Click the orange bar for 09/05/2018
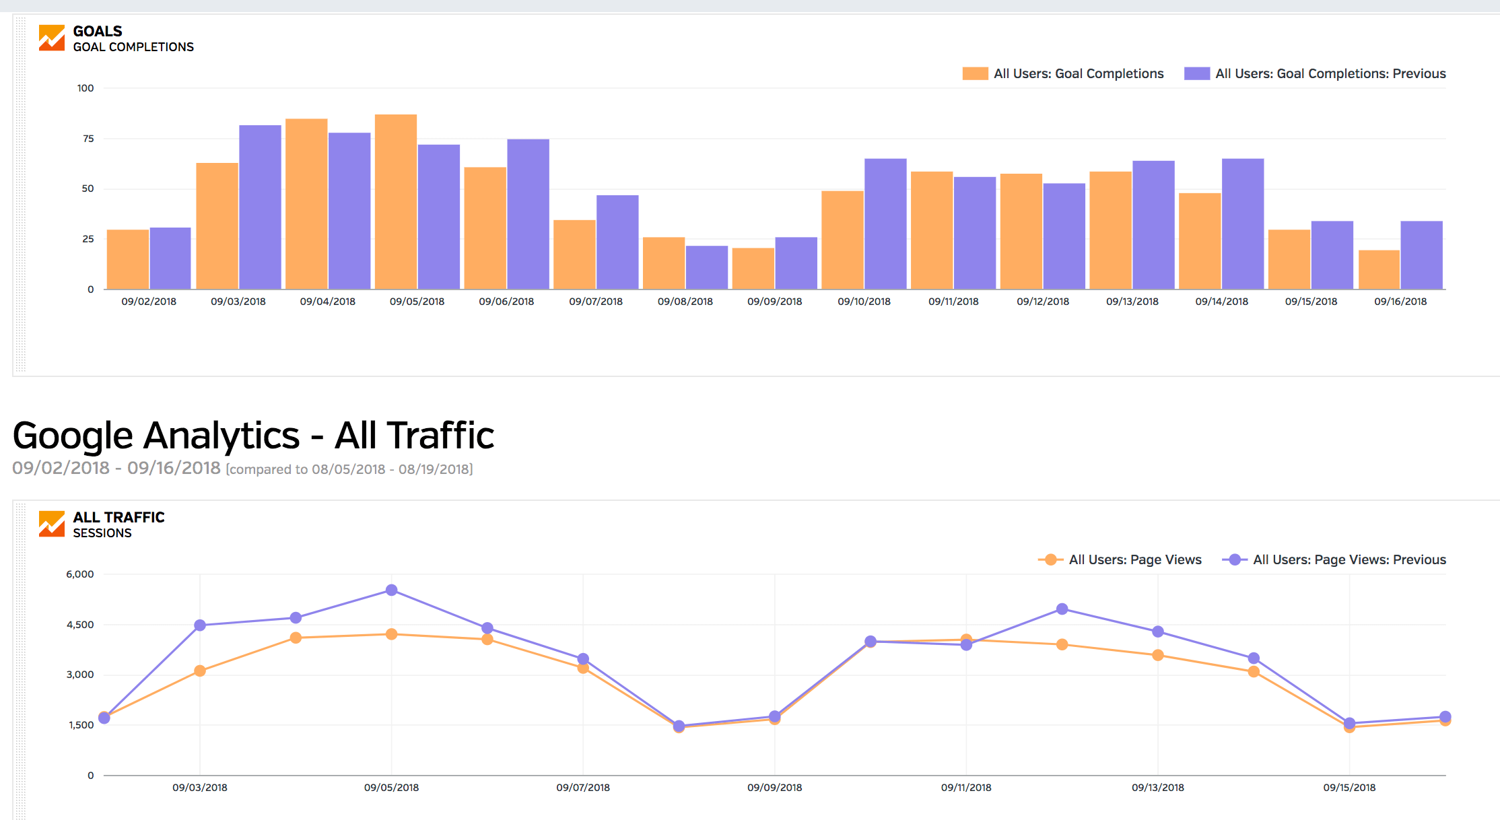point(396,202)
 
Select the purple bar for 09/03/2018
point(260,207)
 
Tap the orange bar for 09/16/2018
point(1379,270)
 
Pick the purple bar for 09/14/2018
point(1243,224)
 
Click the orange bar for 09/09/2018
point(753,269)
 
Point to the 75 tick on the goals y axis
point(88,139)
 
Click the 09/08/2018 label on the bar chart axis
point(685,302)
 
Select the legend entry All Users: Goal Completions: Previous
point(1315,73)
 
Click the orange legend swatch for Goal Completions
point(976,73)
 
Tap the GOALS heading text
point(98,32)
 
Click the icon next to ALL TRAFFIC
point(52,524)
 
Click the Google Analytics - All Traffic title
point(253,436)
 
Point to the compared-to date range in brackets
point(349,469)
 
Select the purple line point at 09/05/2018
point(392,590)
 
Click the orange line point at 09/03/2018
point(200,671)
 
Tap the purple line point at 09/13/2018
point(1158,631)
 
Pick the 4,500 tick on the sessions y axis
point(80,625)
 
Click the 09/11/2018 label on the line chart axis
point(966,788)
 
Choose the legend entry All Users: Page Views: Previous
point(1334,559)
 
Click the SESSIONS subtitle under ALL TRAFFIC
point(102,533)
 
